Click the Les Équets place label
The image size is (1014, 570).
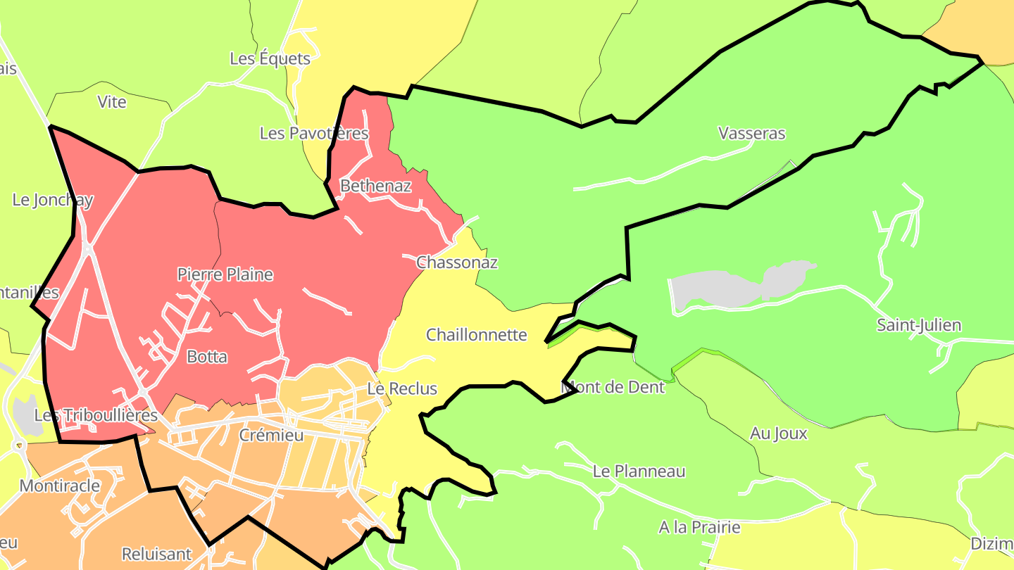pyautogui.click(x=270, y=58)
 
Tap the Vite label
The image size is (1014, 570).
pyautogui.click(x=112, y=102)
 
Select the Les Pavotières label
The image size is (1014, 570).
pyautogui.click(x=314, y=133)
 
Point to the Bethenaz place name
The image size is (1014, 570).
pyautogui.click(x=375, y=186)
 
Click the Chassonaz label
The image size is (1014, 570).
pyautogui.click(x=457, y=262)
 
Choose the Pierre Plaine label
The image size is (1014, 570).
pyautogui.click(x=225, y=274)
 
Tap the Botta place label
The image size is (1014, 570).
pyautogui.click(x=207, y=357)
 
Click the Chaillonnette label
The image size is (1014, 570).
pyautogui.click(x=477, y=334)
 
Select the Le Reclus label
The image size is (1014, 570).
pyautogui.click(x=402, y=388)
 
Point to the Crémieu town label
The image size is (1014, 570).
pyautogui.click(x=271, y=435)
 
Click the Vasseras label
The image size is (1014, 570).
pyautogui.click(x=751, y=133)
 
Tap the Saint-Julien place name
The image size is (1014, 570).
pyautogui.click(x=918, y=325)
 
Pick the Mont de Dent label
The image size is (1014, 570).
pyautogui.click(x=613, y=387)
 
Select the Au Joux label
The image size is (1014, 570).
pyautogui.click(x=778, y=433)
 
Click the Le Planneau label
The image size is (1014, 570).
pyautogui.click(x=639, y=471)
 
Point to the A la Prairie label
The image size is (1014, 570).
pyautogui.click(x=699, y=527)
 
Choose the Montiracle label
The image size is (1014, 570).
pyautogui.click(x=60, y=486)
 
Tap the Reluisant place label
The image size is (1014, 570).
pyautogui.click(x=156, y=554)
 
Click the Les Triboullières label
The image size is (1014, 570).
pyautogui.click(x=96, y=415)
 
